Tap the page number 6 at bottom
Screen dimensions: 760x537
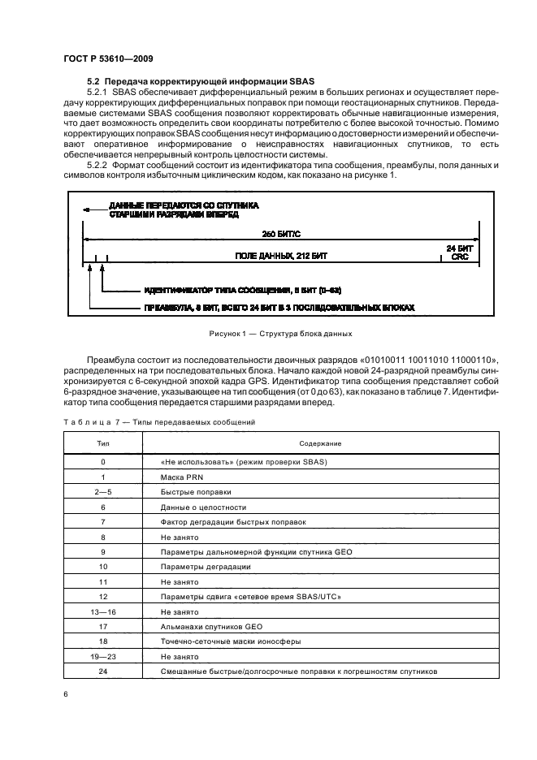(x=65, y=693)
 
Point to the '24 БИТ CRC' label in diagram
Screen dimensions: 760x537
(x=458, y=252)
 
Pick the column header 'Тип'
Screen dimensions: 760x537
(x=103, y=443)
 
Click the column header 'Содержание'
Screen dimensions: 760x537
(x=320, y=443)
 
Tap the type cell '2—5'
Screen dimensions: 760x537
(x=103, y=491)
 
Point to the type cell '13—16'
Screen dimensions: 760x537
(x=103, y=611)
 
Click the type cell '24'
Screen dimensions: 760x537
(x=103, y=671)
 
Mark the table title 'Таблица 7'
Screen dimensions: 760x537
(x=91, y=422)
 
